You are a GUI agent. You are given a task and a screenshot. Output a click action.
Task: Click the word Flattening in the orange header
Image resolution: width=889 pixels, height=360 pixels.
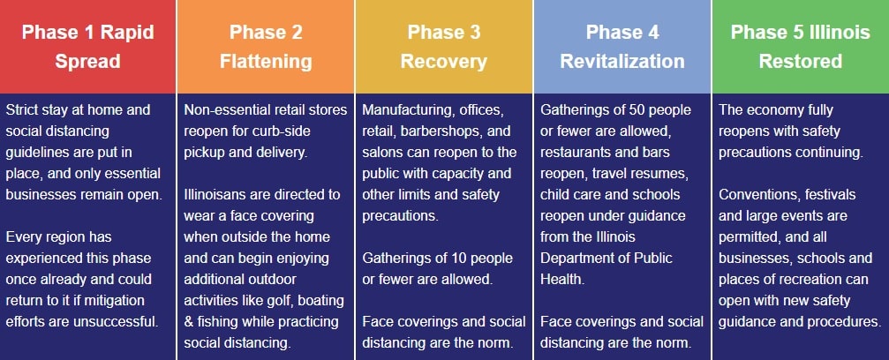266,61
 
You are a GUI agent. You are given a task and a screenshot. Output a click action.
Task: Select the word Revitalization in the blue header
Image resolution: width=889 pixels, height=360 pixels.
622,61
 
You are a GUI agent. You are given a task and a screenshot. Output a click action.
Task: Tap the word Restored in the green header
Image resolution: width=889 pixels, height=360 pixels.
800,61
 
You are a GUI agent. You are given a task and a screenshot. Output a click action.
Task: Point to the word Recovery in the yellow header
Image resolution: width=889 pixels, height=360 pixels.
444,61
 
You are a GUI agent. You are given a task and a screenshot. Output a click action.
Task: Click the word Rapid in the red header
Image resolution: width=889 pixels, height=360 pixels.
127,32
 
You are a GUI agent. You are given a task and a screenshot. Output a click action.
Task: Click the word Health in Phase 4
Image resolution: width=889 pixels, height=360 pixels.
561,280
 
